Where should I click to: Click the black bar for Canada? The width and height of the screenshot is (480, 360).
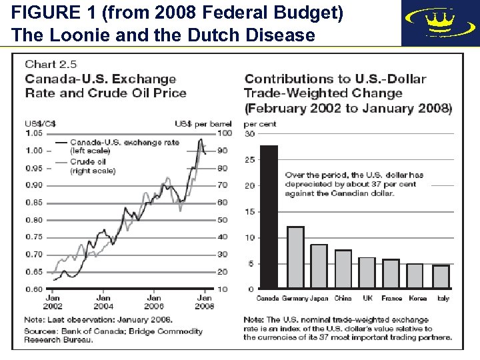[269, 217]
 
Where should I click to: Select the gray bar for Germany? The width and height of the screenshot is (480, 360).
[295, 257]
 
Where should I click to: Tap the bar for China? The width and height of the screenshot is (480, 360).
[343, 269]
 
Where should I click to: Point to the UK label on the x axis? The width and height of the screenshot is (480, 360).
[367, 298]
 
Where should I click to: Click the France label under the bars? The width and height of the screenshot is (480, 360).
[391, 298]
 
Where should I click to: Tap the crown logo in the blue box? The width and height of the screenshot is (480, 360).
[439, 22]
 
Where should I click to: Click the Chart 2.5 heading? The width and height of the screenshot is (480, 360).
[51, 65]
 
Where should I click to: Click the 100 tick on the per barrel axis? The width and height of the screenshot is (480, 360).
[224, 133]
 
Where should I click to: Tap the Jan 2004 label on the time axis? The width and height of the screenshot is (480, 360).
[103, 302]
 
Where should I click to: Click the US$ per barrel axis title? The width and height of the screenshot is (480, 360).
[203, 124]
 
